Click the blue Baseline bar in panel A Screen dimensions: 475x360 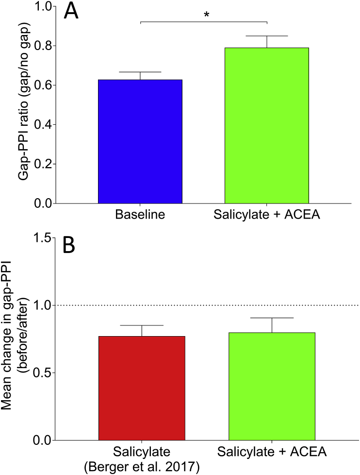coord(140,141)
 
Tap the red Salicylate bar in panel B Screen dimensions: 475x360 coord(142,388)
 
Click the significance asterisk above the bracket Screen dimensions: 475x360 coord(207,15)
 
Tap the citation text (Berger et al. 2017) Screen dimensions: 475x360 coord(142,468)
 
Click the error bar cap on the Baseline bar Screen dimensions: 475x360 coord(140,72)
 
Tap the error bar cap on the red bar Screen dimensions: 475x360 coord(142,325)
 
